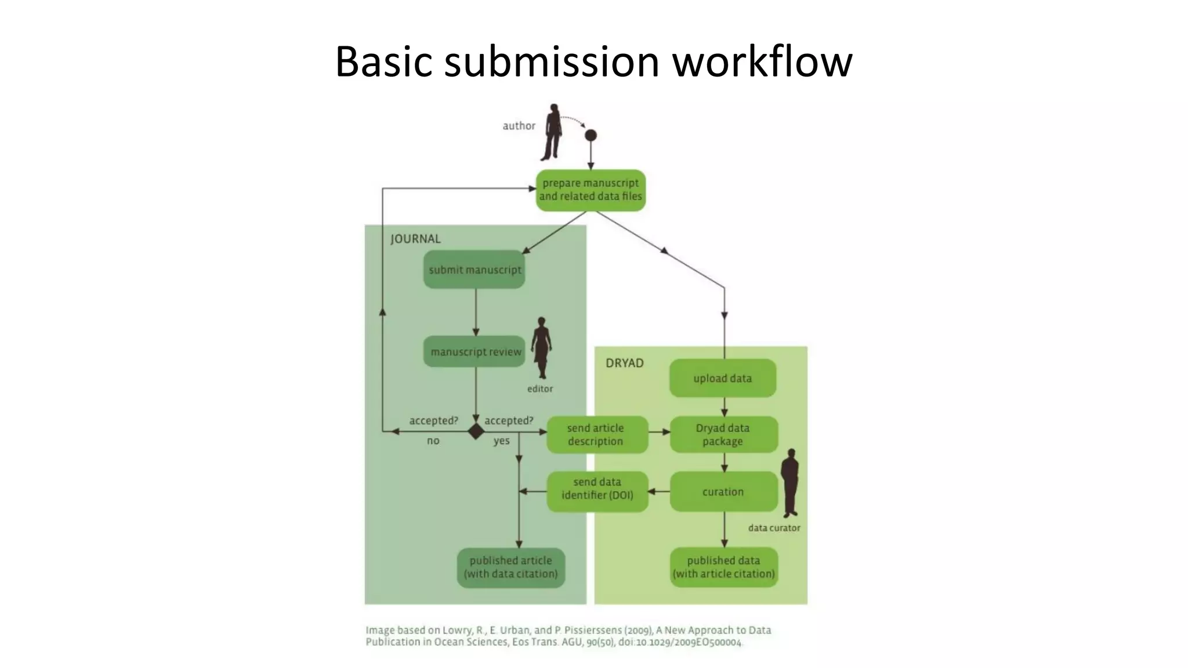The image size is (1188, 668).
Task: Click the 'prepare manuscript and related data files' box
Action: click(591, 190)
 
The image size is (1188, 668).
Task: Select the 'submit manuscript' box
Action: click(475, 270)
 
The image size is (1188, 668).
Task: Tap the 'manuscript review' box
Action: click(475, 352)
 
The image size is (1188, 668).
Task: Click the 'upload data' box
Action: click(723, 378)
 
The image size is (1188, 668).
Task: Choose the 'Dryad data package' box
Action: click(723, 434)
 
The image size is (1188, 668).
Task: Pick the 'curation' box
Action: click(723, 492)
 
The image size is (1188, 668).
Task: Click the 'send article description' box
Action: click(596, 434)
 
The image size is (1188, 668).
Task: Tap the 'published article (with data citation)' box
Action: click(511, 567)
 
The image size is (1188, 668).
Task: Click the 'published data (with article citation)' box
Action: click(723, 567)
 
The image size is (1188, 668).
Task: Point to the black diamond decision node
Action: click(476, 431)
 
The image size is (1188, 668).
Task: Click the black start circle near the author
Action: click(591, 136)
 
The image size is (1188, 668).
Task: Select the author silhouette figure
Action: click(552, 133)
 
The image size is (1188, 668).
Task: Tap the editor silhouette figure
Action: click(541, 347)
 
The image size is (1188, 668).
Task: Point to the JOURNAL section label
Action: click(415, 239)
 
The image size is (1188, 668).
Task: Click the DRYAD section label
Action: click(625, 363)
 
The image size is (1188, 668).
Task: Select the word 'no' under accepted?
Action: click(433, 441)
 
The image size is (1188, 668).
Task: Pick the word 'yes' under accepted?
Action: click(502, 441)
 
